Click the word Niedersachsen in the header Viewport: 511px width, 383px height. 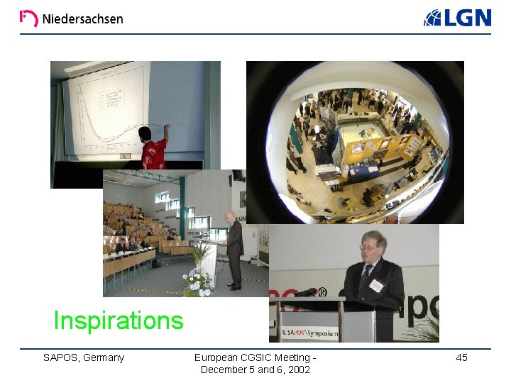coord(82,19)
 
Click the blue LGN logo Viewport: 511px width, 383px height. coord(458,18)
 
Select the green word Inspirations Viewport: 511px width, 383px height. coord(119,321)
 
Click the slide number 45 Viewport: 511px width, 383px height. coord(461,358)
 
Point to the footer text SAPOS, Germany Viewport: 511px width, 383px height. coord(84,357)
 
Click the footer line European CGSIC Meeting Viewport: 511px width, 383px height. coord(255,357)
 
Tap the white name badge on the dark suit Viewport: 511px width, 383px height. coord(376,285)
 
